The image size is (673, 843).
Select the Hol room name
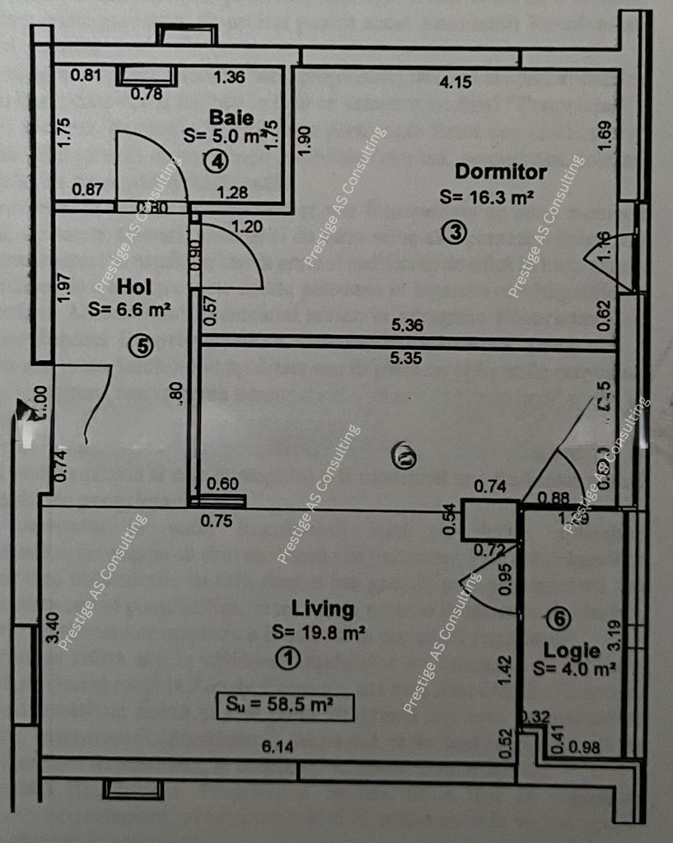pos(133,287)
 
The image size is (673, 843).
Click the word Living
pos(323,609)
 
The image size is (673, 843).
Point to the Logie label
pos(571,650)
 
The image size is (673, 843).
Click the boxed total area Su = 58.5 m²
pos(285,706)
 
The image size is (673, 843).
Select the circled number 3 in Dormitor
pos(453,233)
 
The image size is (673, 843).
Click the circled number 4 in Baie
pos(216,161)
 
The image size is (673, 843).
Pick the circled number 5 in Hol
pos(143,347)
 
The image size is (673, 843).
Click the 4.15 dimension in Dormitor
pos(455,82)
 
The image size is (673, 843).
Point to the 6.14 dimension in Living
pos(278,747)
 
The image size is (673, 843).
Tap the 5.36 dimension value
pos(408,325)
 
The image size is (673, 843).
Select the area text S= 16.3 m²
pos(488,197)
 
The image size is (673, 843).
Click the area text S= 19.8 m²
pos(318,632)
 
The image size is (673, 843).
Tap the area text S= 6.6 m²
pos(129,310)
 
